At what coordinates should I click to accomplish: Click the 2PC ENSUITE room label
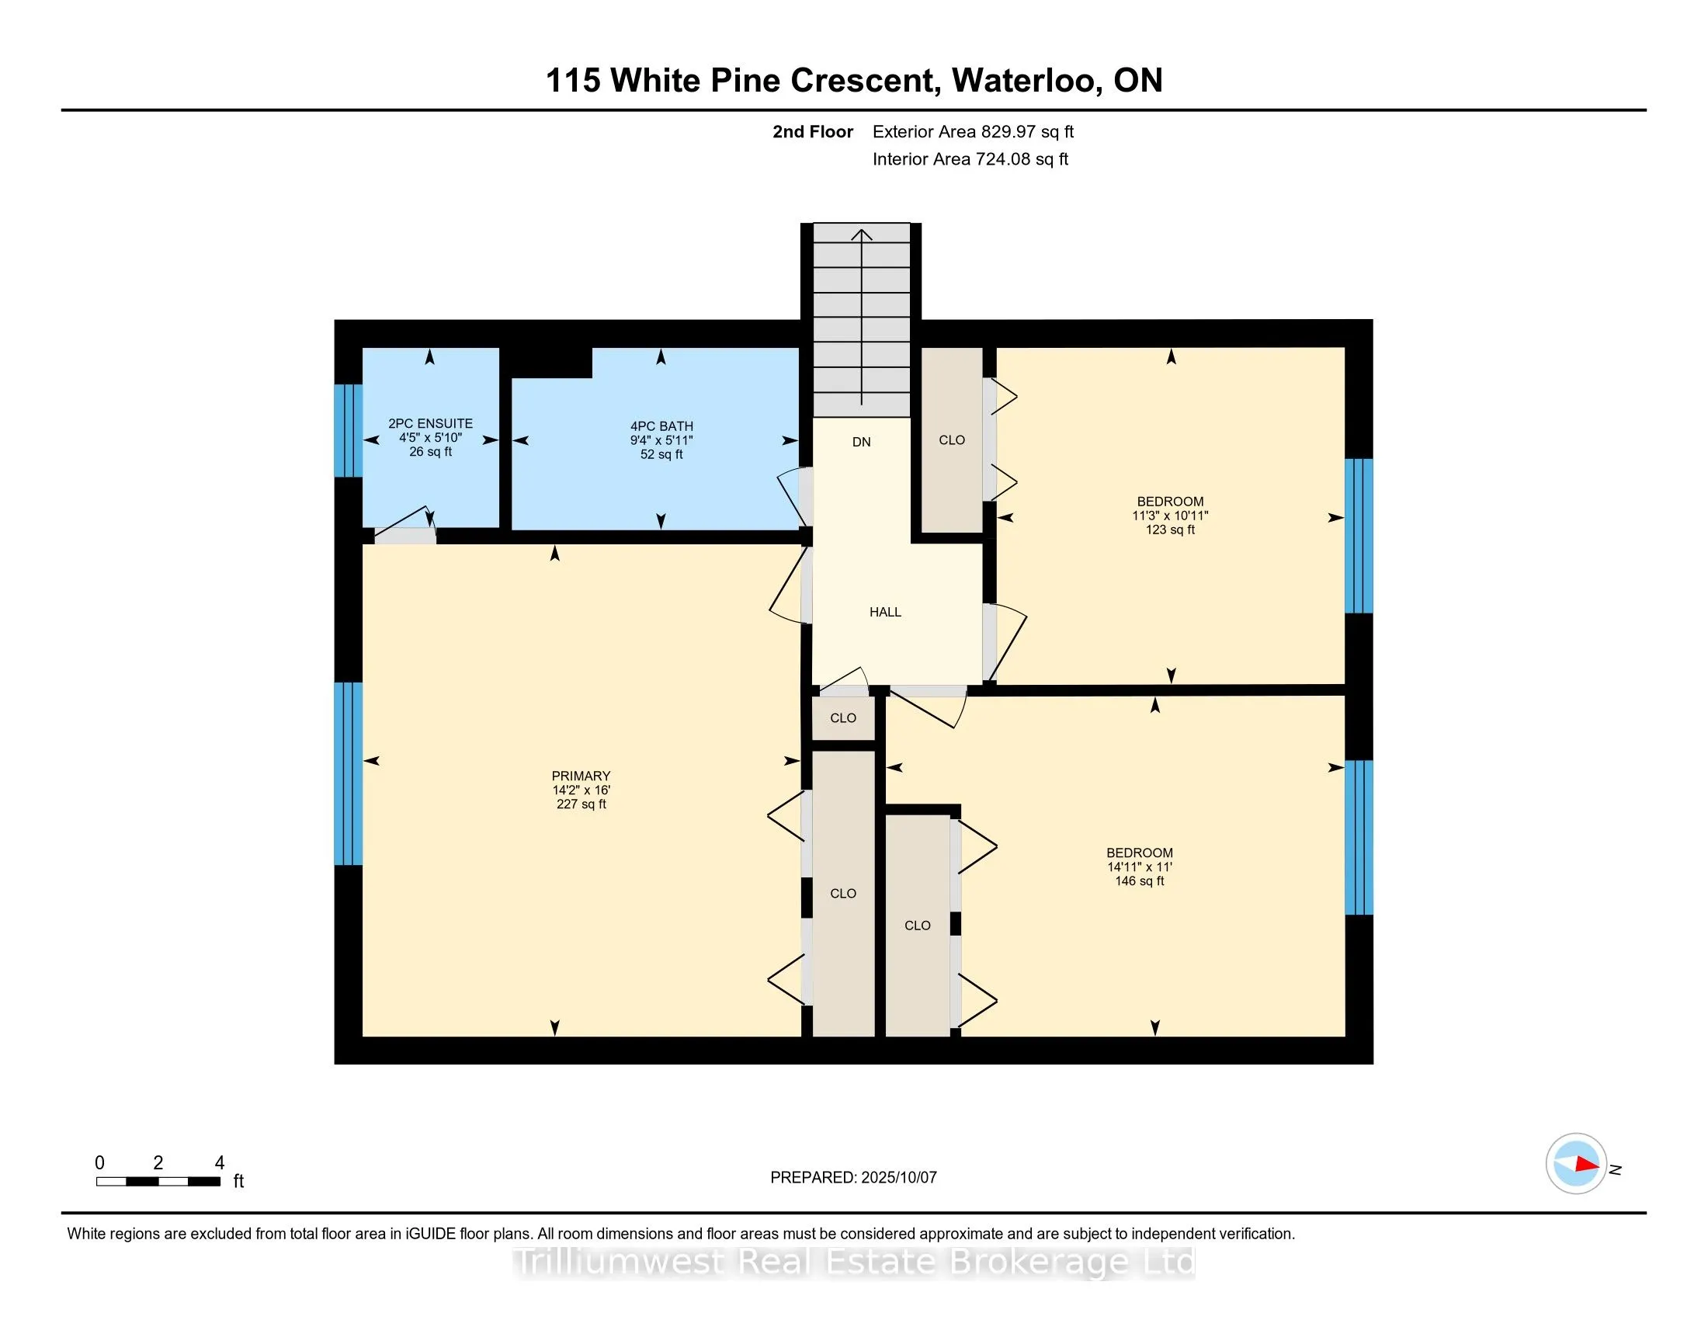(430, 424)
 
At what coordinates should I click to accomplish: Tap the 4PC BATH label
(661, 426)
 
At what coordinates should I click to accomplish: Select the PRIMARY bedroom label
(581, 776)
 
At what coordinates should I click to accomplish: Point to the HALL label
(885, 613)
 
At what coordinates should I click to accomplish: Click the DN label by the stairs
(861, 442)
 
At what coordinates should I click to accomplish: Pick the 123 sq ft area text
(1170, 530)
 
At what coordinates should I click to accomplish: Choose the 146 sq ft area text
(1140, 881)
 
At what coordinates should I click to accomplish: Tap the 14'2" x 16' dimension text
(581, 790)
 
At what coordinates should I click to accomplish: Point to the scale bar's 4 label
(220, 1163)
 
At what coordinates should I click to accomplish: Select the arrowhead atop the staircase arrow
(862, 234)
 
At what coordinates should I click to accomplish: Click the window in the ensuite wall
(348, 430)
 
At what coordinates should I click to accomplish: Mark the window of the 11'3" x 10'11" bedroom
(1359, 536)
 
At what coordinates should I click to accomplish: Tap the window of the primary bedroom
(348, 773)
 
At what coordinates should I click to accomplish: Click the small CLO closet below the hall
(843, 718)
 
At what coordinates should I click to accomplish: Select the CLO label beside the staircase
(952, 440)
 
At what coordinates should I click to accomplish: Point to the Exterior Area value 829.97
(1006, 131)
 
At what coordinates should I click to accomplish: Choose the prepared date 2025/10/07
(898, 1177)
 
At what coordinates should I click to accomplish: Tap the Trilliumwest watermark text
(855, 1261)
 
